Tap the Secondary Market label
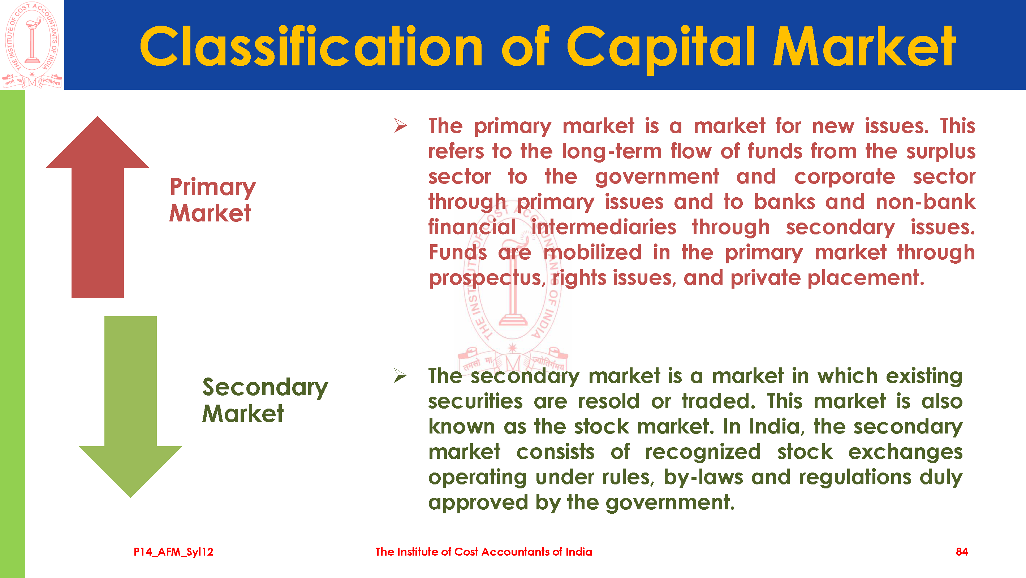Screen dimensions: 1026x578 point(265,400)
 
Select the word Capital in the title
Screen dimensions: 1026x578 point(661,49)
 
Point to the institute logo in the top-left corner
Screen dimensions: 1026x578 point(32,45)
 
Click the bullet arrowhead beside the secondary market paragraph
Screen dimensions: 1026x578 point(400,376)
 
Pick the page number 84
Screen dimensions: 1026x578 point(962,552)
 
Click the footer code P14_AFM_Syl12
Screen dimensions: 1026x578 point(173,552)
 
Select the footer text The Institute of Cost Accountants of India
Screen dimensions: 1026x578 point(483,552)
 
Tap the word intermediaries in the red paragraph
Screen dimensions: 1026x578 point(604,227)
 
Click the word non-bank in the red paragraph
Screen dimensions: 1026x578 point(926,202)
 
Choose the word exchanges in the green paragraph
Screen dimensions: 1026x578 point(905,453)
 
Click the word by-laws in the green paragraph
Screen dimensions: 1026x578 point(703,478)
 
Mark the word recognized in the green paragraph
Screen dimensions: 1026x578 point(703,453)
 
